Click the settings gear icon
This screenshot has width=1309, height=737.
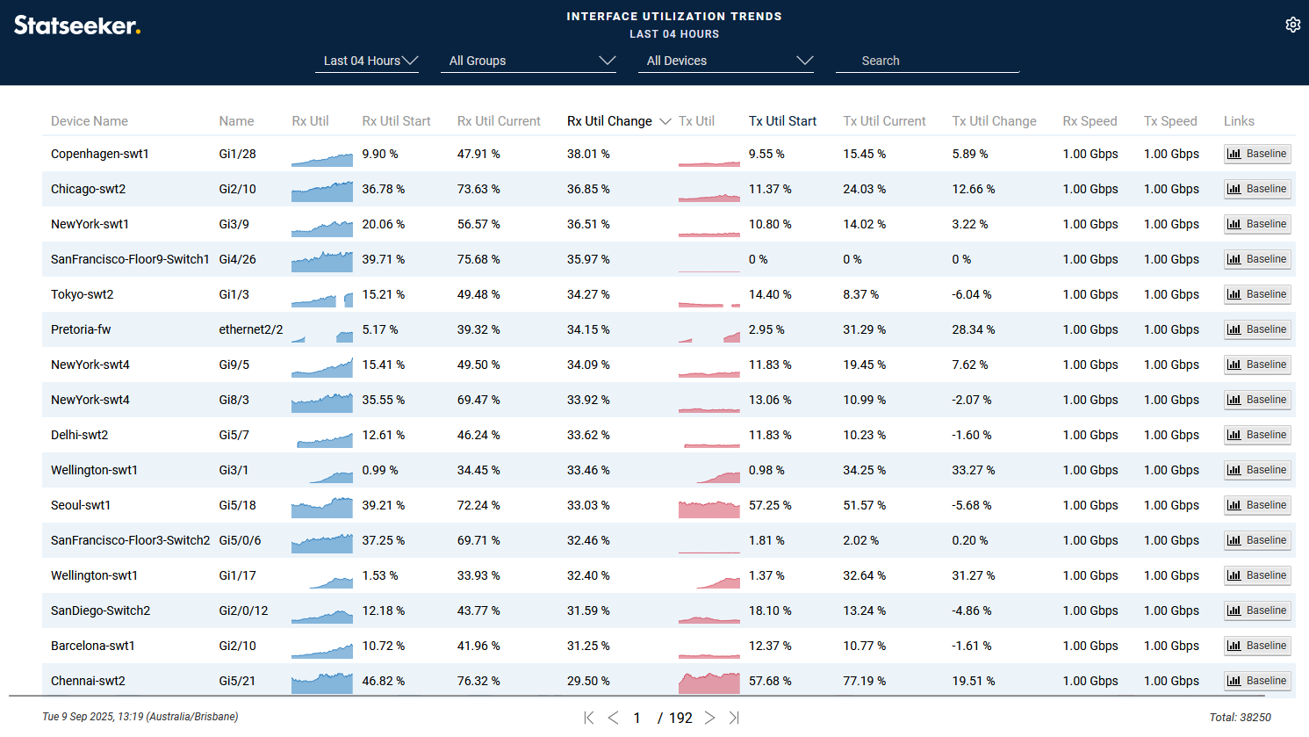point(1292,25)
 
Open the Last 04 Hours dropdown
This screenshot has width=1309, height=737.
point(370,61)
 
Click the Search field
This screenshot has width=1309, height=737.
point(927,61)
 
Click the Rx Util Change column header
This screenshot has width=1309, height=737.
point(609,121)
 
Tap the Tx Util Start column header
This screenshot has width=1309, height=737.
point(782,121)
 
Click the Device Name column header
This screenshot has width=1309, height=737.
point(90,121)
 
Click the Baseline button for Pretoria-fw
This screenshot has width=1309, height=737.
point(1257,329)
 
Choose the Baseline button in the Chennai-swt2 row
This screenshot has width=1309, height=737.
point(1257,681)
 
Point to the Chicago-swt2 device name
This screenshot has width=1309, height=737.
point(88,189)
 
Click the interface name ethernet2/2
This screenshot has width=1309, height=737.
point(250,329)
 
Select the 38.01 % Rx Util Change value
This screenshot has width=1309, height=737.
point(588,154)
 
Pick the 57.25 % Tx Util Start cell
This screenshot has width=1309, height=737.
point(770,505)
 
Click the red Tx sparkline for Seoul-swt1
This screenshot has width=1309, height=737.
point(708,508)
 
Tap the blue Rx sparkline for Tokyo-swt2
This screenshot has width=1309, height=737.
point(321,299)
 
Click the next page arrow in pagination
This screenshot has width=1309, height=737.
point(709,718)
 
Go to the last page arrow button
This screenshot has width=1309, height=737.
point(734,718)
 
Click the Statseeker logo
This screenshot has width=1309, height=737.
point(77,25)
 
